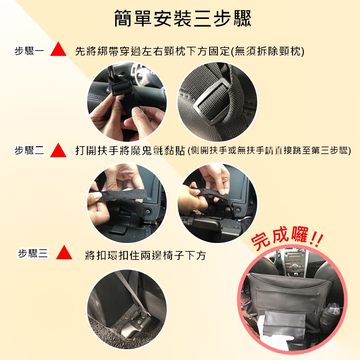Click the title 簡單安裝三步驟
point(183,18)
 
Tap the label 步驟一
point(29,51)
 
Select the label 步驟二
point(29,151)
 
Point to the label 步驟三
point(33,253)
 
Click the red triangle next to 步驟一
point(58,49)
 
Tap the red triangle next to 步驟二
point(58,150)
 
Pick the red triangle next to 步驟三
point(64,252)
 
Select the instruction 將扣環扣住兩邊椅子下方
point(145,255)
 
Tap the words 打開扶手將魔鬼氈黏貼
point(130,151)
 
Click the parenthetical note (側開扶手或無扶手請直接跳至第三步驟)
point(269,151)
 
